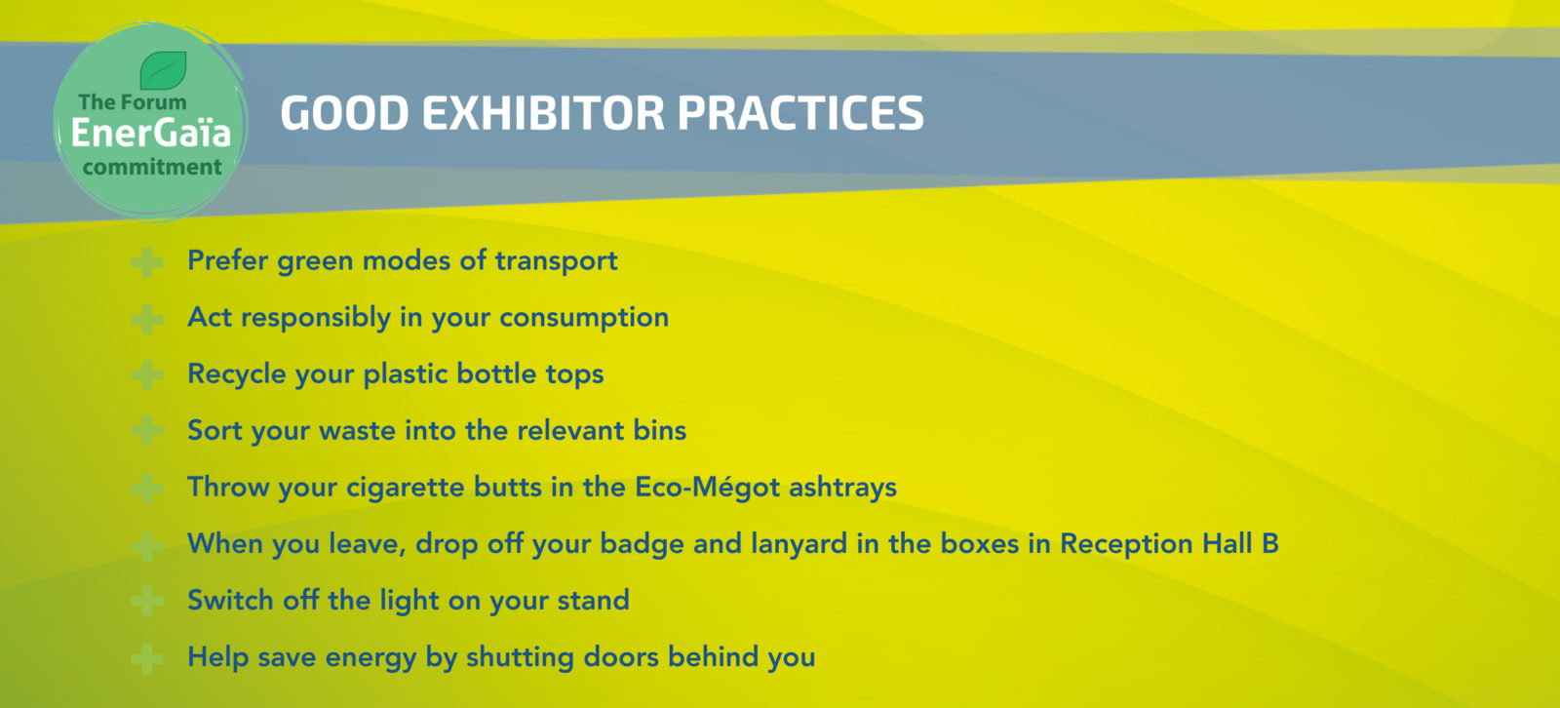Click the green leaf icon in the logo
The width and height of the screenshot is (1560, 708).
click(x=164, y=69)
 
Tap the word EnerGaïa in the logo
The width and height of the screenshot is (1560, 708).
click(x=150, y=133)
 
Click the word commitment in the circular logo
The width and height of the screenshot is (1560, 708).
click(x=152, y=167)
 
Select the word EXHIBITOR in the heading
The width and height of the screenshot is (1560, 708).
click(x=543, y=113)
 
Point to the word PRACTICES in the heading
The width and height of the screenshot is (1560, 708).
click(x=800, y=113)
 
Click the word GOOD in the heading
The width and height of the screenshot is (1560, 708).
click(x=344, y=113)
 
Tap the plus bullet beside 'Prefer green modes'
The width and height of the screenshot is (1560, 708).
click(x=147, y=262)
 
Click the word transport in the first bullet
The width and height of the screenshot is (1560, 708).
click(x=556, y=260)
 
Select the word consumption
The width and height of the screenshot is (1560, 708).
click(x=584, y=319)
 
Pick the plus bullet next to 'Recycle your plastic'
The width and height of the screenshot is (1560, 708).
click(x=147, y=375)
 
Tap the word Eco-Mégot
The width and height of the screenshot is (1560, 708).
click(x=707, y=487)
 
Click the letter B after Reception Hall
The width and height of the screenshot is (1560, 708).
click(x=1270, y=543)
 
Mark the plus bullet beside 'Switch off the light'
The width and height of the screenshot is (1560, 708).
click(x=147, y=602)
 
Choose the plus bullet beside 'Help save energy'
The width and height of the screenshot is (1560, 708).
click(x=147, y=658)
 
